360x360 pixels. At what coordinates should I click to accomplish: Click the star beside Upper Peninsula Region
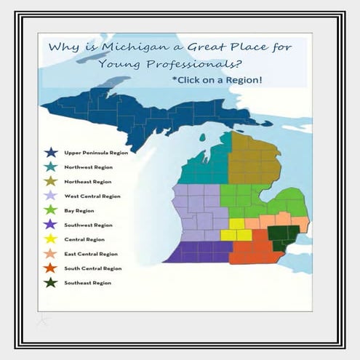click(50, 153)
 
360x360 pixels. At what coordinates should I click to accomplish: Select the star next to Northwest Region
click(50, 167)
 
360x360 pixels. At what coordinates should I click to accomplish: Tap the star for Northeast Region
click(50, 181)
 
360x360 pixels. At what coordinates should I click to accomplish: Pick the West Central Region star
click(50, 196)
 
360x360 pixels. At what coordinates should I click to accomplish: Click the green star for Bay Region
click(50, 210)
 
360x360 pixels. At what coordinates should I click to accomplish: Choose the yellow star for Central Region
click(50, 239)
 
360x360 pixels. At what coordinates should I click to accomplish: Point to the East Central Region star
click(50, 253)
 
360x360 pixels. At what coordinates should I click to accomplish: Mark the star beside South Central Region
click(50, 268)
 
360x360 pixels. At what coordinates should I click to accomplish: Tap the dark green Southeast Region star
click(50, 282)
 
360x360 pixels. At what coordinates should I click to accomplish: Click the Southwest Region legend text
click(88, 225)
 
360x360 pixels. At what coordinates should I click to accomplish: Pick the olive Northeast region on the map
click(255, 160)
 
